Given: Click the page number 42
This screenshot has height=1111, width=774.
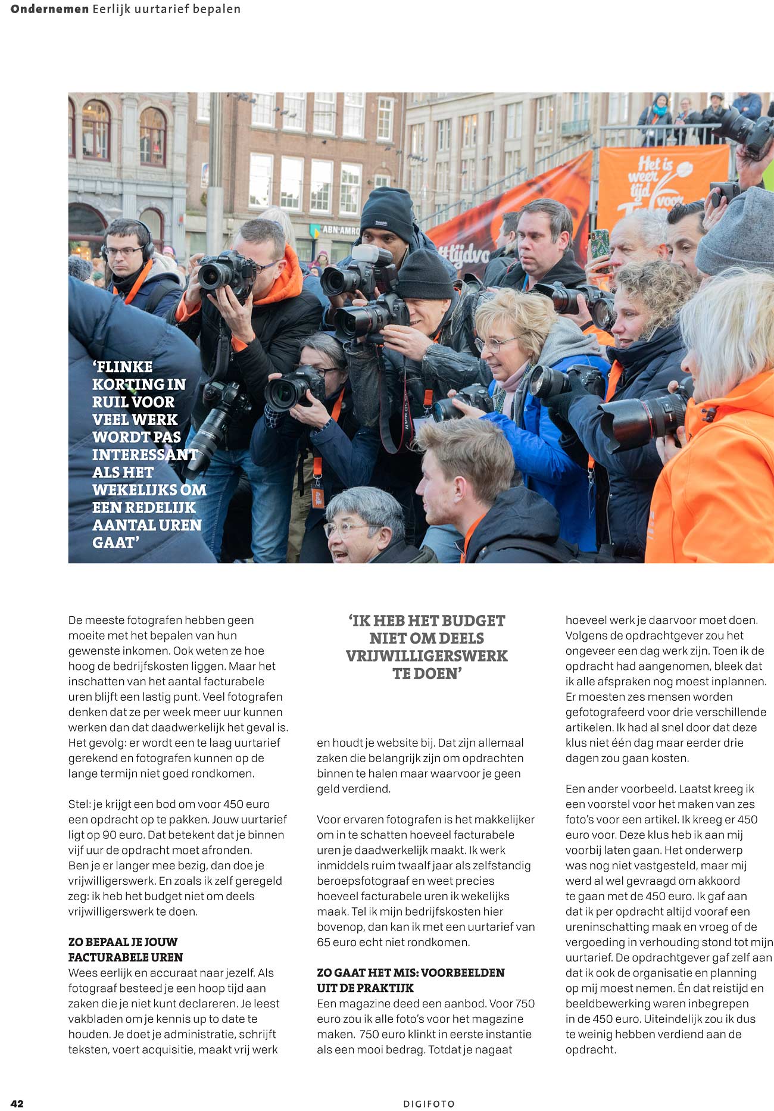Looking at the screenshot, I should coord(17,1103).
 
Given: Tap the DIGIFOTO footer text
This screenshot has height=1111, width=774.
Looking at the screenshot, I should coord(429,1104).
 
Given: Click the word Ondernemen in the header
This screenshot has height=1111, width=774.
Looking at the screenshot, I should coord(49,9).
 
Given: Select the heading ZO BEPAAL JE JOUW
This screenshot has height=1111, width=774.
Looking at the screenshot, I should coord(123,942).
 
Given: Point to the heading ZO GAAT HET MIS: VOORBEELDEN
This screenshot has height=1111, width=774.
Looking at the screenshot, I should coord(410,972).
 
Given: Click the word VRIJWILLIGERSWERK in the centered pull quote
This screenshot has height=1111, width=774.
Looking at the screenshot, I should coord(426,656).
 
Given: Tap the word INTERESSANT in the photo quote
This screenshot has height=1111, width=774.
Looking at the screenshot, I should coord(145,455).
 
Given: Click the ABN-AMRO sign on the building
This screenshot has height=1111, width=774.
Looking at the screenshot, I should coord(340,230).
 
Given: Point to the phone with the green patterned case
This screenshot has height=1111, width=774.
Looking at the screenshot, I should coord(600,244).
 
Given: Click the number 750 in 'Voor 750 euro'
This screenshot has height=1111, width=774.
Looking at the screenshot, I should coord(525,1003).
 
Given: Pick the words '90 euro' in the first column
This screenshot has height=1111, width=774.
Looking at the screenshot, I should coord(121,835).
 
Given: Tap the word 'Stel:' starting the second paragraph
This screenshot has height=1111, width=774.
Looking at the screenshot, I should coord(79,804).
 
